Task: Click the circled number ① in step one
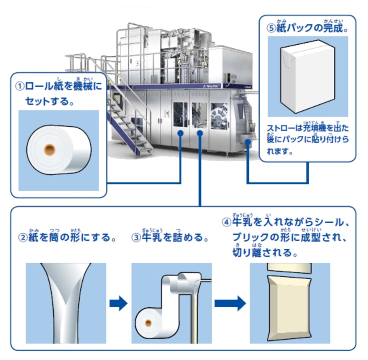click(19, 87)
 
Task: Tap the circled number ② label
click(23, 238)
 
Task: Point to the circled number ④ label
click(227, 222)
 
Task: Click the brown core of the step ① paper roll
click(49, 150)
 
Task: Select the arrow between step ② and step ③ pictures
click(118, 304)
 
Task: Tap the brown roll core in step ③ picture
click(148, 323)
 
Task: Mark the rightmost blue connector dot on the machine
click(248, 142)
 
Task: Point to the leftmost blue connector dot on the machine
click(180, 133)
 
